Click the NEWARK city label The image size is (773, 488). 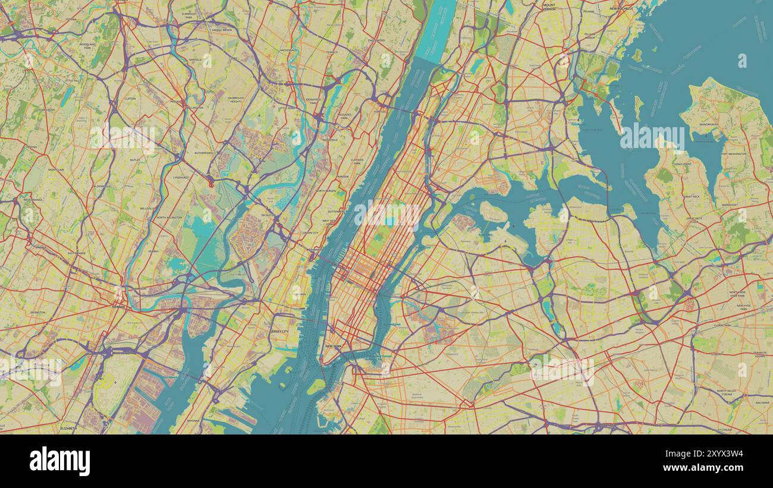(x=118, y=307)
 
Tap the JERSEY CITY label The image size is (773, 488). (x=279, y=332)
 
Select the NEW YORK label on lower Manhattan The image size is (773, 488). (x=333, y=346)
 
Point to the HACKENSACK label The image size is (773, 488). (x=288, y=50)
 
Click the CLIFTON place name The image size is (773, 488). (x=130, y=98)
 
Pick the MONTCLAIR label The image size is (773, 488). (x=56, y=169)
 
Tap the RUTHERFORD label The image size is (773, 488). (x=203, y=153)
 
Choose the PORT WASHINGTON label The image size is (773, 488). (x=733, y=154)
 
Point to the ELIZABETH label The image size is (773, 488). (x=69, y=427)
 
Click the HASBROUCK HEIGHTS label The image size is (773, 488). (x=236, y=99)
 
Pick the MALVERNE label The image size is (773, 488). (x=746, y=402)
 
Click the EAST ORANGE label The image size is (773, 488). (x=76, y=253)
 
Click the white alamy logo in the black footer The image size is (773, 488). (x=59, y=461)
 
